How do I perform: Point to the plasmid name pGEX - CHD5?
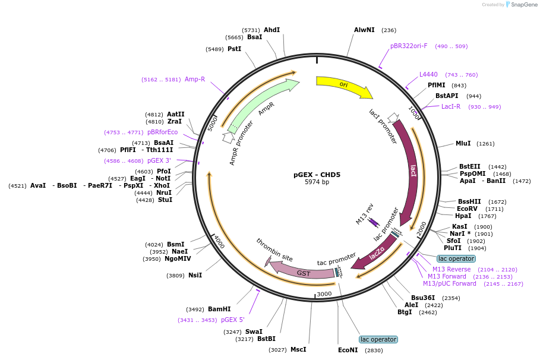pyautogui.click(x=317, y=175)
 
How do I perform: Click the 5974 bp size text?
pyautogui.click(x=317, y=182)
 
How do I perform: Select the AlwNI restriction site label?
pyautogui.click(x=364, y=30)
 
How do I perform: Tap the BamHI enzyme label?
pyautogui.click(x=219, y=309)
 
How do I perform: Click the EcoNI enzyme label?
pyautogui.click(x=348, y=350)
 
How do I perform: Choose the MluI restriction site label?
pyautogui.click(x=463, y=143)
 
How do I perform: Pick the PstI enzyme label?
pyautogui.click(x=234, y=49)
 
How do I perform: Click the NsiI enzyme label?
pyautogui.click(x=195, y=275)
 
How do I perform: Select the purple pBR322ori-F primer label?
pyautogui.click(x=409, y=46)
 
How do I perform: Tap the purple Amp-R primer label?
pyautogui.click(x=195, y=79)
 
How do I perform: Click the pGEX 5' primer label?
pyautogui.click(x=232, y=320)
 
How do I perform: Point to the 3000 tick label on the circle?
pyautogui.click(x=324, y=294)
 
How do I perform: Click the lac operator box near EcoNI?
pyautogui.click(x=378, y=340)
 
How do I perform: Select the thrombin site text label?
pyautogui.click(x=274, y=250)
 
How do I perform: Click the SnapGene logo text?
pyautogui.click(x=524, y=5)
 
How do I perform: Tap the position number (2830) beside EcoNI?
pyautogui.click(x=374, y=350)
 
